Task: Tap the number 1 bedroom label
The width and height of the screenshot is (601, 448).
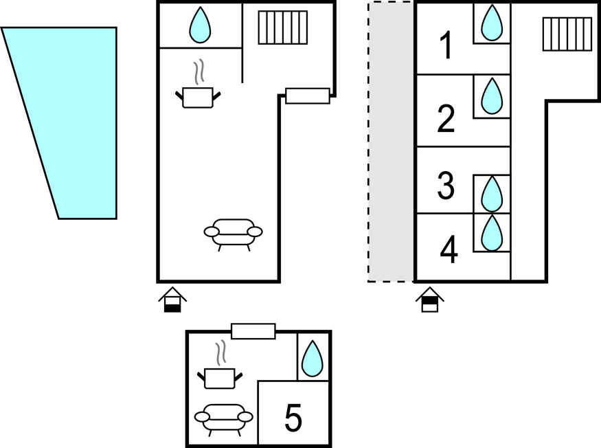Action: click(x=445, y=45)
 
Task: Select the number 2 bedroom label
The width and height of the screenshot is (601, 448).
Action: click(x=446, y=118)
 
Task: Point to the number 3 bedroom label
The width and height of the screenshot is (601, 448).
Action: click(x=446, y=186)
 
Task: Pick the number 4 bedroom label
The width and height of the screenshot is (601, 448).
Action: click(x=449, y=249)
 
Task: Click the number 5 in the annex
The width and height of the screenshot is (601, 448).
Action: click(x=293, y=418)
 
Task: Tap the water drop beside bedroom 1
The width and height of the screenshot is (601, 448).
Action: click(x=492, y=23)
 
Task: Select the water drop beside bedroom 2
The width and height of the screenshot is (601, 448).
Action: click(x=492, y=96)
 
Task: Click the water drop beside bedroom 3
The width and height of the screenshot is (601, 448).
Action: click(x=492, y=194)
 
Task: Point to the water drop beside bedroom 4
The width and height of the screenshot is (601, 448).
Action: click(x=492, y=233)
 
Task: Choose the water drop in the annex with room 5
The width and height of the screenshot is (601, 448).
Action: click(x=313, y=359)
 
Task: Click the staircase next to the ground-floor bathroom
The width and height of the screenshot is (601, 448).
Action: click(x=283, y=27)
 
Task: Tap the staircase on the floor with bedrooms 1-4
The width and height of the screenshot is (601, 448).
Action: click(x=567, y=34)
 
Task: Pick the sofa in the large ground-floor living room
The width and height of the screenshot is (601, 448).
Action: click(x=233, y=235)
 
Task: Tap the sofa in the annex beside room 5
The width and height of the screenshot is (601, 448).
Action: click(x=223, y=420)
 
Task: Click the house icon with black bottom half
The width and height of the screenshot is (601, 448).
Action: click(x=172, y=300)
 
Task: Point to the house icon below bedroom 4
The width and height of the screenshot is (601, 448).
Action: click(x=430, y=300)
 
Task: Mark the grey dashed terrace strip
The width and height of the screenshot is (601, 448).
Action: click(x=391, y=142)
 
